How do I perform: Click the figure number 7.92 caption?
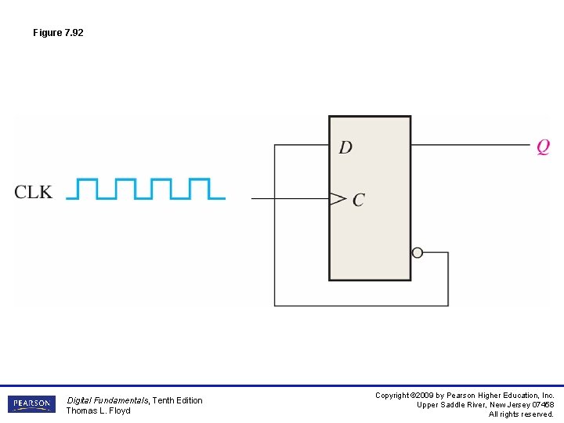click(x=58, y=33)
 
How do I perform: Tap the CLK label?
click(x=34, y=192)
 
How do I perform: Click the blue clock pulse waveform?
click(x=146, y=189)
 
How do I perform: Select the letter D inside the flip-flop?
click(x=345, y=147)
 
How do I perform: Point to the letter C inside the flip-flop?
click(x=358, y=200)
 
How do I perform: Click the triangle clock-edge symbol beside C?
click(x=338, y=199)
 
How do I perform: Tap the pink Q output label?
click(x=543, y=146)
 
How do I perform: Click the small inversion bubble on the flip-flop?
click(x=417, y=252)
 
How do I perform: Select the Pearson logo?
click(x=32, y=404)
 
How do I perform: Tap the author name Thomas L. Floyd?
click(x=98, y=411)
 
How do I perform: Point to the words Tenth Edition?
click(x=178, y=400)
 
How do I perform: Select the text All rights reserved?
click(x=521, y=414)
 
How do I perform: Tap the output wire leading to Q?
click(x=470, y=144)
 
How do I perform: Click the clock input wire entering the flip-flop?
click(x=290, y=199)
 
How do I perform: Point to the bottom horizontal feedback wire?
click(x=360, y=305)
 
